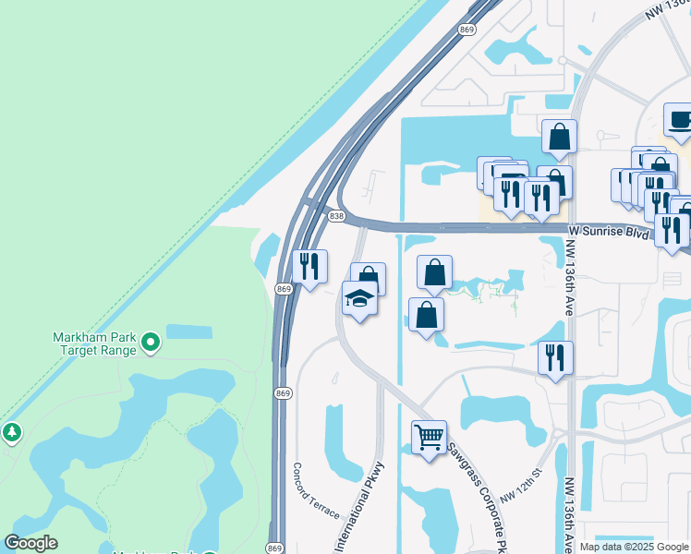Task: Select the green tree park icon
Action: pyautogui.click(x=11, y=431)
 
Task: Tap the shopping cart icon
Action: pyautogui.click(x=429, y=438)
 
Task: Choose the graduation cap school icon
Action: pyautogui.click(x=359, y=299)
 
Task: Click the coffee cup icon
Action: pyautogui.click(x=681, y=120)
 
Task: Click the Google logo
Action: pyautogui.click(x=30, y=543)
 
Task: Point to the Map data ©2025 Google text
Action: pyautogui.click(x=635, y=547)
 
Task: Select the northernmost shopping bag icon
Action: pyautogui.click(x=559, y=136)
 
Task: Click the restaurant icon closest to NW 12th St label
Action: pyautogui.click(x=555, y=357)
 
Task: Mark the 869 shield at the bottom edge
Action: pyautogui.click(x=276, y=548)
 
